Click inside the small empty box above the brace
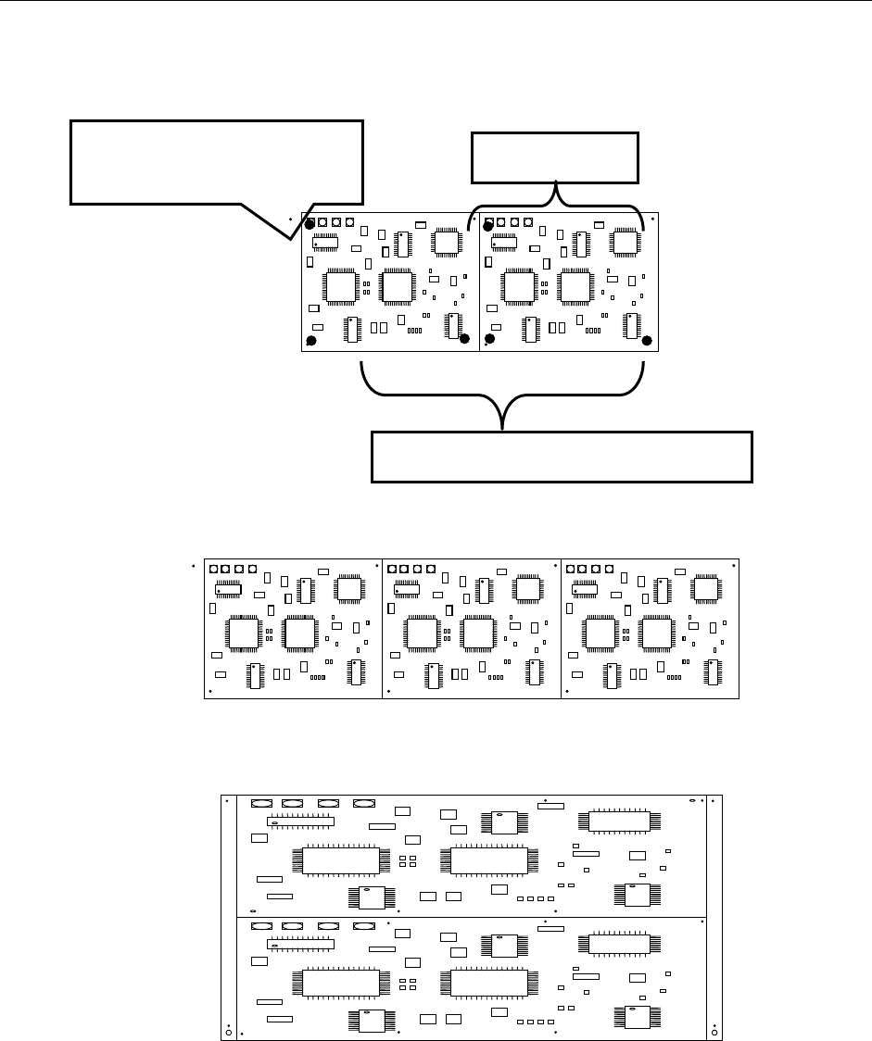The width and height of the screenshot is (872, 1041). coord(555,157)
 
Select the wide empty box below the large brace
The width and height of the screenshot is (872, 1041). coord(562,457)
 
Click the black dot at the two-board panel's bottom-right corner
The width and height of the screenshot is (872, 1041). coord(647,339)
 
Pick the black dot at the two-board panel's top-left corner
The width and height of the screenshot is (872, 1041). coord(310,222)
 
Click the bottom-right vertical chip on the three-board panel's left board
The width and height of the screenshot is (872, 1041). coord(355,672)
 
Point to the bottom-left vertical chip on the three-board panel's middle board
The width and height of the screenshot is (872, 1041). coord(430,676)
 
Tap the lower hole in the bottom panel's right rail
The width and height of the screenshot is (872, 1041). coord(714,1027)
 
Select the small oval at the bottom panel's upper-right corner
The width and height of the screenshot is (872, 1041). coord(692,800)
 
